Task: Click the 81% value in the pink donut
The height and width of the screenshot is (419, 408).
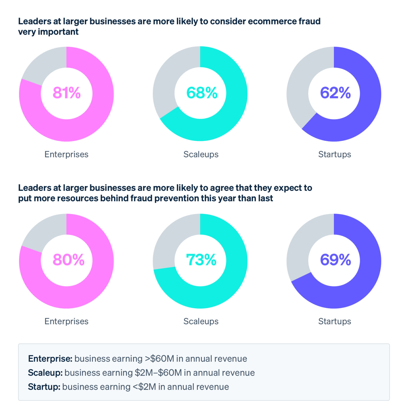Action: point(66,93)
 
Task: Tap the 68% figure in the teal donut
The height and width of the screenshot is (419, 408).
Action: point(202,93)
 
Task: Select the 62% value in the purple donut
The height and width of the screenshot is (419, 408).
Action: point(335,93)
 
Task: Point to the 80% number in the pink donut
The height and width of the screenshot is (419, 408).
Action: point(68,260)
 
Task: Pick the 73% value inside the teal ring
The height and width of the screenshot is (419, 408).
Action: point(201,260)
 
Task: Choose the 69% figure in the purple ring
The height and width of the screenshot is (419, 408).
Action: point(335,260)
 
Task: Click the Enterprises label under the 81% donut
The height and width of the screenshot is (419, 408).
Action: point(66,154)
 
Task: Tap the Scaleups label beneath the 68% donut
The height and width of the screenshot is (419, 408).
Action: point(201,154)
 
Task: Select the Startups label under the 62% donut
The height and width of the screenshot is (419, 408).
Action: point(334,154)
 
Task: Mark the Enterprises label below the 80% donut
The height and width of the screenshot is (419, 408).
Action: point(66,321)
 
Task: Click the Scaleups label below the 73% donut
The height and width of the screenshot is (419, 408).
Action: point(201,321)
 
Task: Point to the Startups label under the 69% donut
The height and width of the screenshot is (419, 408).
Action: point(334,321)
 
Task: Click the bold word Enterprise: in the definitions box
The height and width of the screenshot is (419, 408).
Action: point(50,358)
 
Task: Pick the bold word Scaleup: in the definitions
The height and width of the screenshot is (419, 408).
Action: point(45,373)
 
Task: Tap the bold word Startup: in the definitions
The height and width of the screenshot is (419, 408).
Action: point(44,387)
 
